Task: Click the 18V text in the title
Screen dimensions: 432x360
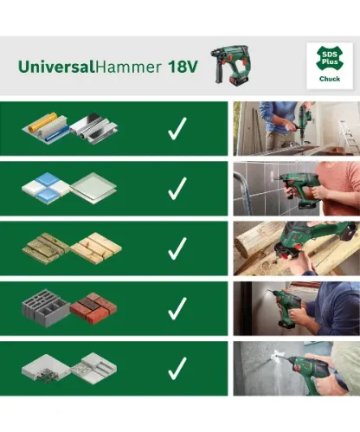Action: tap(173, 66)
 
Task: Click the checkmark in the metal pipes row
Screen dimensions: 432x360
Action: tap(177, 129)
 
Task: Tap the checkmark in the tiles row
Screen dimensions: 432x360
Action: tap(177, 189)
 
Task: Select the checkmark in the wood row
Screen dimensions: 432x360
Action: tap(177, 248)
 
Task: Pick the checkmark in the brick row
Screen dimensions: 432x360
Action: tap(177, 308)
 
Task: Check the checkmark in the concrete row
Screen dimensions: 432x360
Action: tap(177, 368)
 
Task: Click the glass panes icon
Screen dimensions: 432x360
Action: tap(91, 188)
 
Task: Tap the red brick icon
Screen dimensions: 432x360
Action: tap(93, 308)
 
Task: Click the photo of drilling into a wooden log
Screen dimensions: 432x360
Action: tap(296, 248)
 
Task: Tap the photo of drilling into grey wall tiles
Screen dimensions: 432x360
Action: tap(296, 189)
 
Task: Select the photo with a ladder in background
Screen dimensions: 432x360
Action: tap(296, 129)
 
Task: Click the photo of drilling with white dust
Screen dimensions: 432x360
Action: tap(296, 368)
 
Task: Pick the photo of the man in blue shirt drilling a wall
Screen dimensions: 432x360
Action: tap(296, 308)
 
